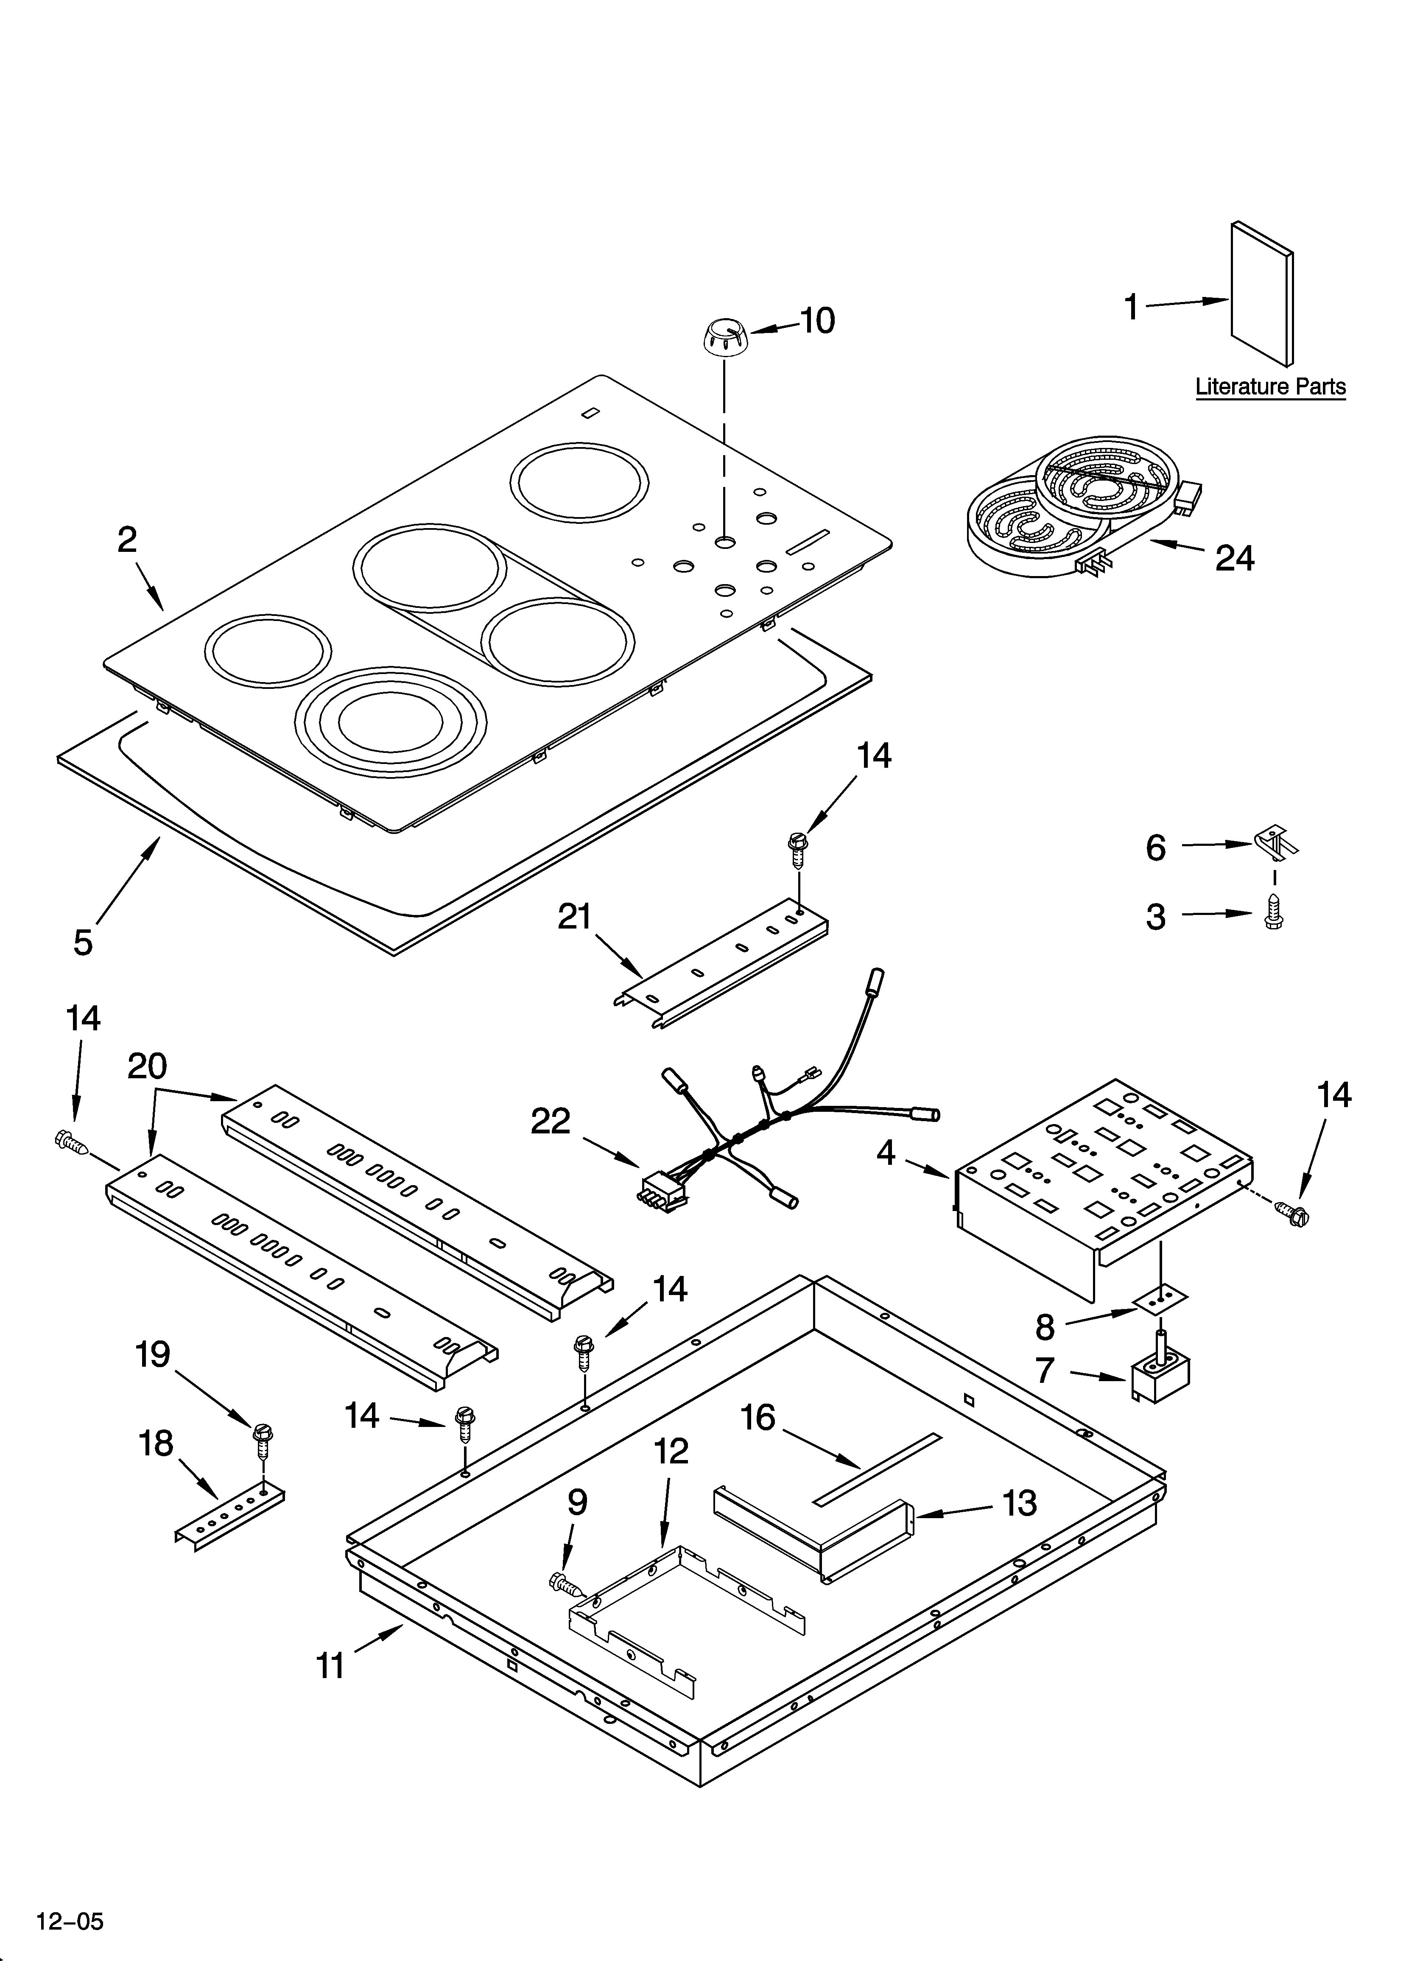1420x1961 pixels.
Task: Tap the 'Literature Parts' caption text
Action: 1269,386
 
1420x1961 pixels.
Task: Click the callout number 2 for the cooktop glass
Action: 127,540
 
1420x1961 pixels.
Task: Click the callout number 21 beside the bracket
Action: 574,917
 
